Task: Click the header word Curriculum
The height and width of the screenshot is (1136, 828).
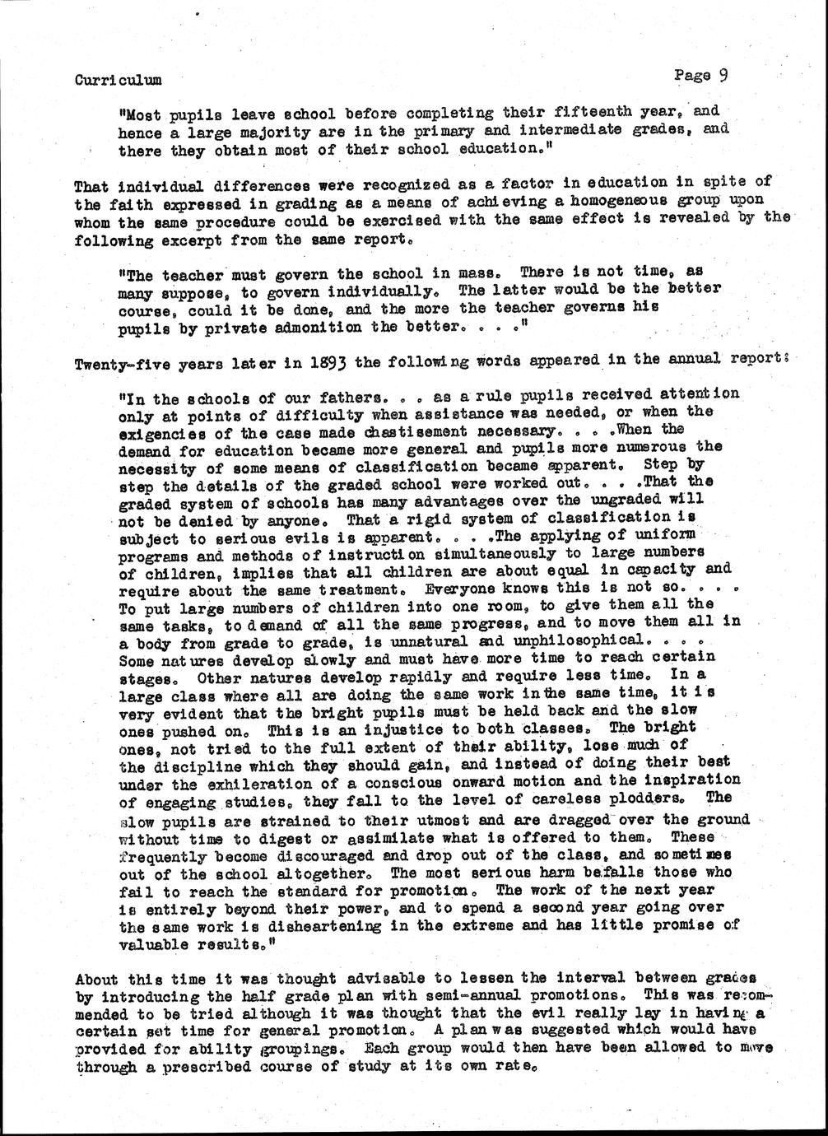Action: tap(118, 80)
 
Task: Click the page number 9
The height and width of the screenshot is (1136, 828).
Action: tap(722, 76)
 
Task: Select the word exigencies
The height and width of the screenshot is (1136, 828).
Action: tap(160, 431)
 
